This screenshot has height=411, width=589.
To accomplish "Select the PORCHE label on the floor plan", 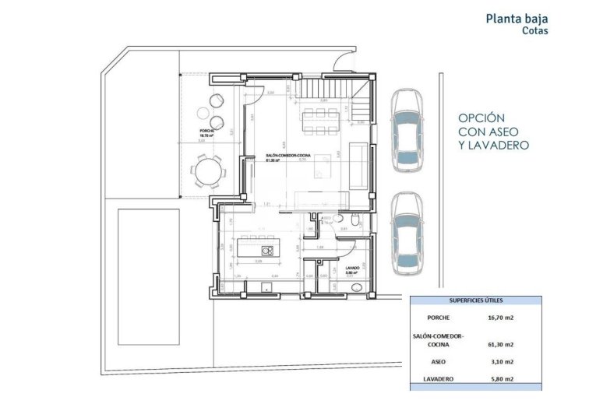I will tap(206, 131).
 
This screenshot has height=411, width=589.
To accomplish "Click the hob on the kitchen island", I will tap(266, 251).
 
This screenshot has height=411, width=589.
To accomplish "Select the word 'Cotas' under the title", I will tap(535, 33).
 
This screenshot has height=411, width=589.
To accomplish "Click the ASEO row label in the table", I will tap(439, 362).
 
